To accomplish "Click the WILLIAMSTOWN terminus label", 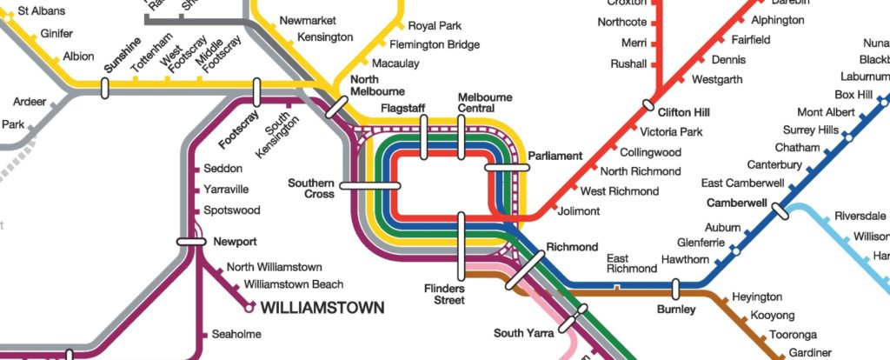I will (x=322, y=308).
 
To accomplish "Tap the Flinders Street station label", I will (x=444, y=295).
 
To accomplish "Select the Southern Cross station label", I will (x=311, y=189).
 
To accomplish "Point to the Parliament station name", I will (x=555, y=156).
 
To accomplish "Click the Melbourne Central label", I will (x=484, y=103).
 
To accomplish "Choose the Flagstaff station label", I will (x=402, y=108).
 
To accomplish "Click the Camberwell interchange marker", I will (x=780, y=210).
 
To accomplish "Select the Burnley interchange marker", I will (x=675, y=289).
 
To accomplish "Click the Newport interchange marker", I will (x=191, y=242).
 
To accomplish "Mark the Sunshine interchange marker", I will (x=104, y=88).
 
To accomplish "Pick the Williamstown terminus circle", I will (x=249, y=308).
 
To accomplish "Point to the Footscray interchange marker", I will (x=256, y=90).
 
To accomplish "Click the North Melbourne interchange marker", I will (x=336, y=107).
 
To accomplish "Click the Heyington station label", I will (x=757, y=297).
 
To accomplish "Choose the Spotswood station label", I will (x=231, y=210).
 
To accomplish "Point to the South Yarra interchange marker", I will (x=568, y=323).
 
